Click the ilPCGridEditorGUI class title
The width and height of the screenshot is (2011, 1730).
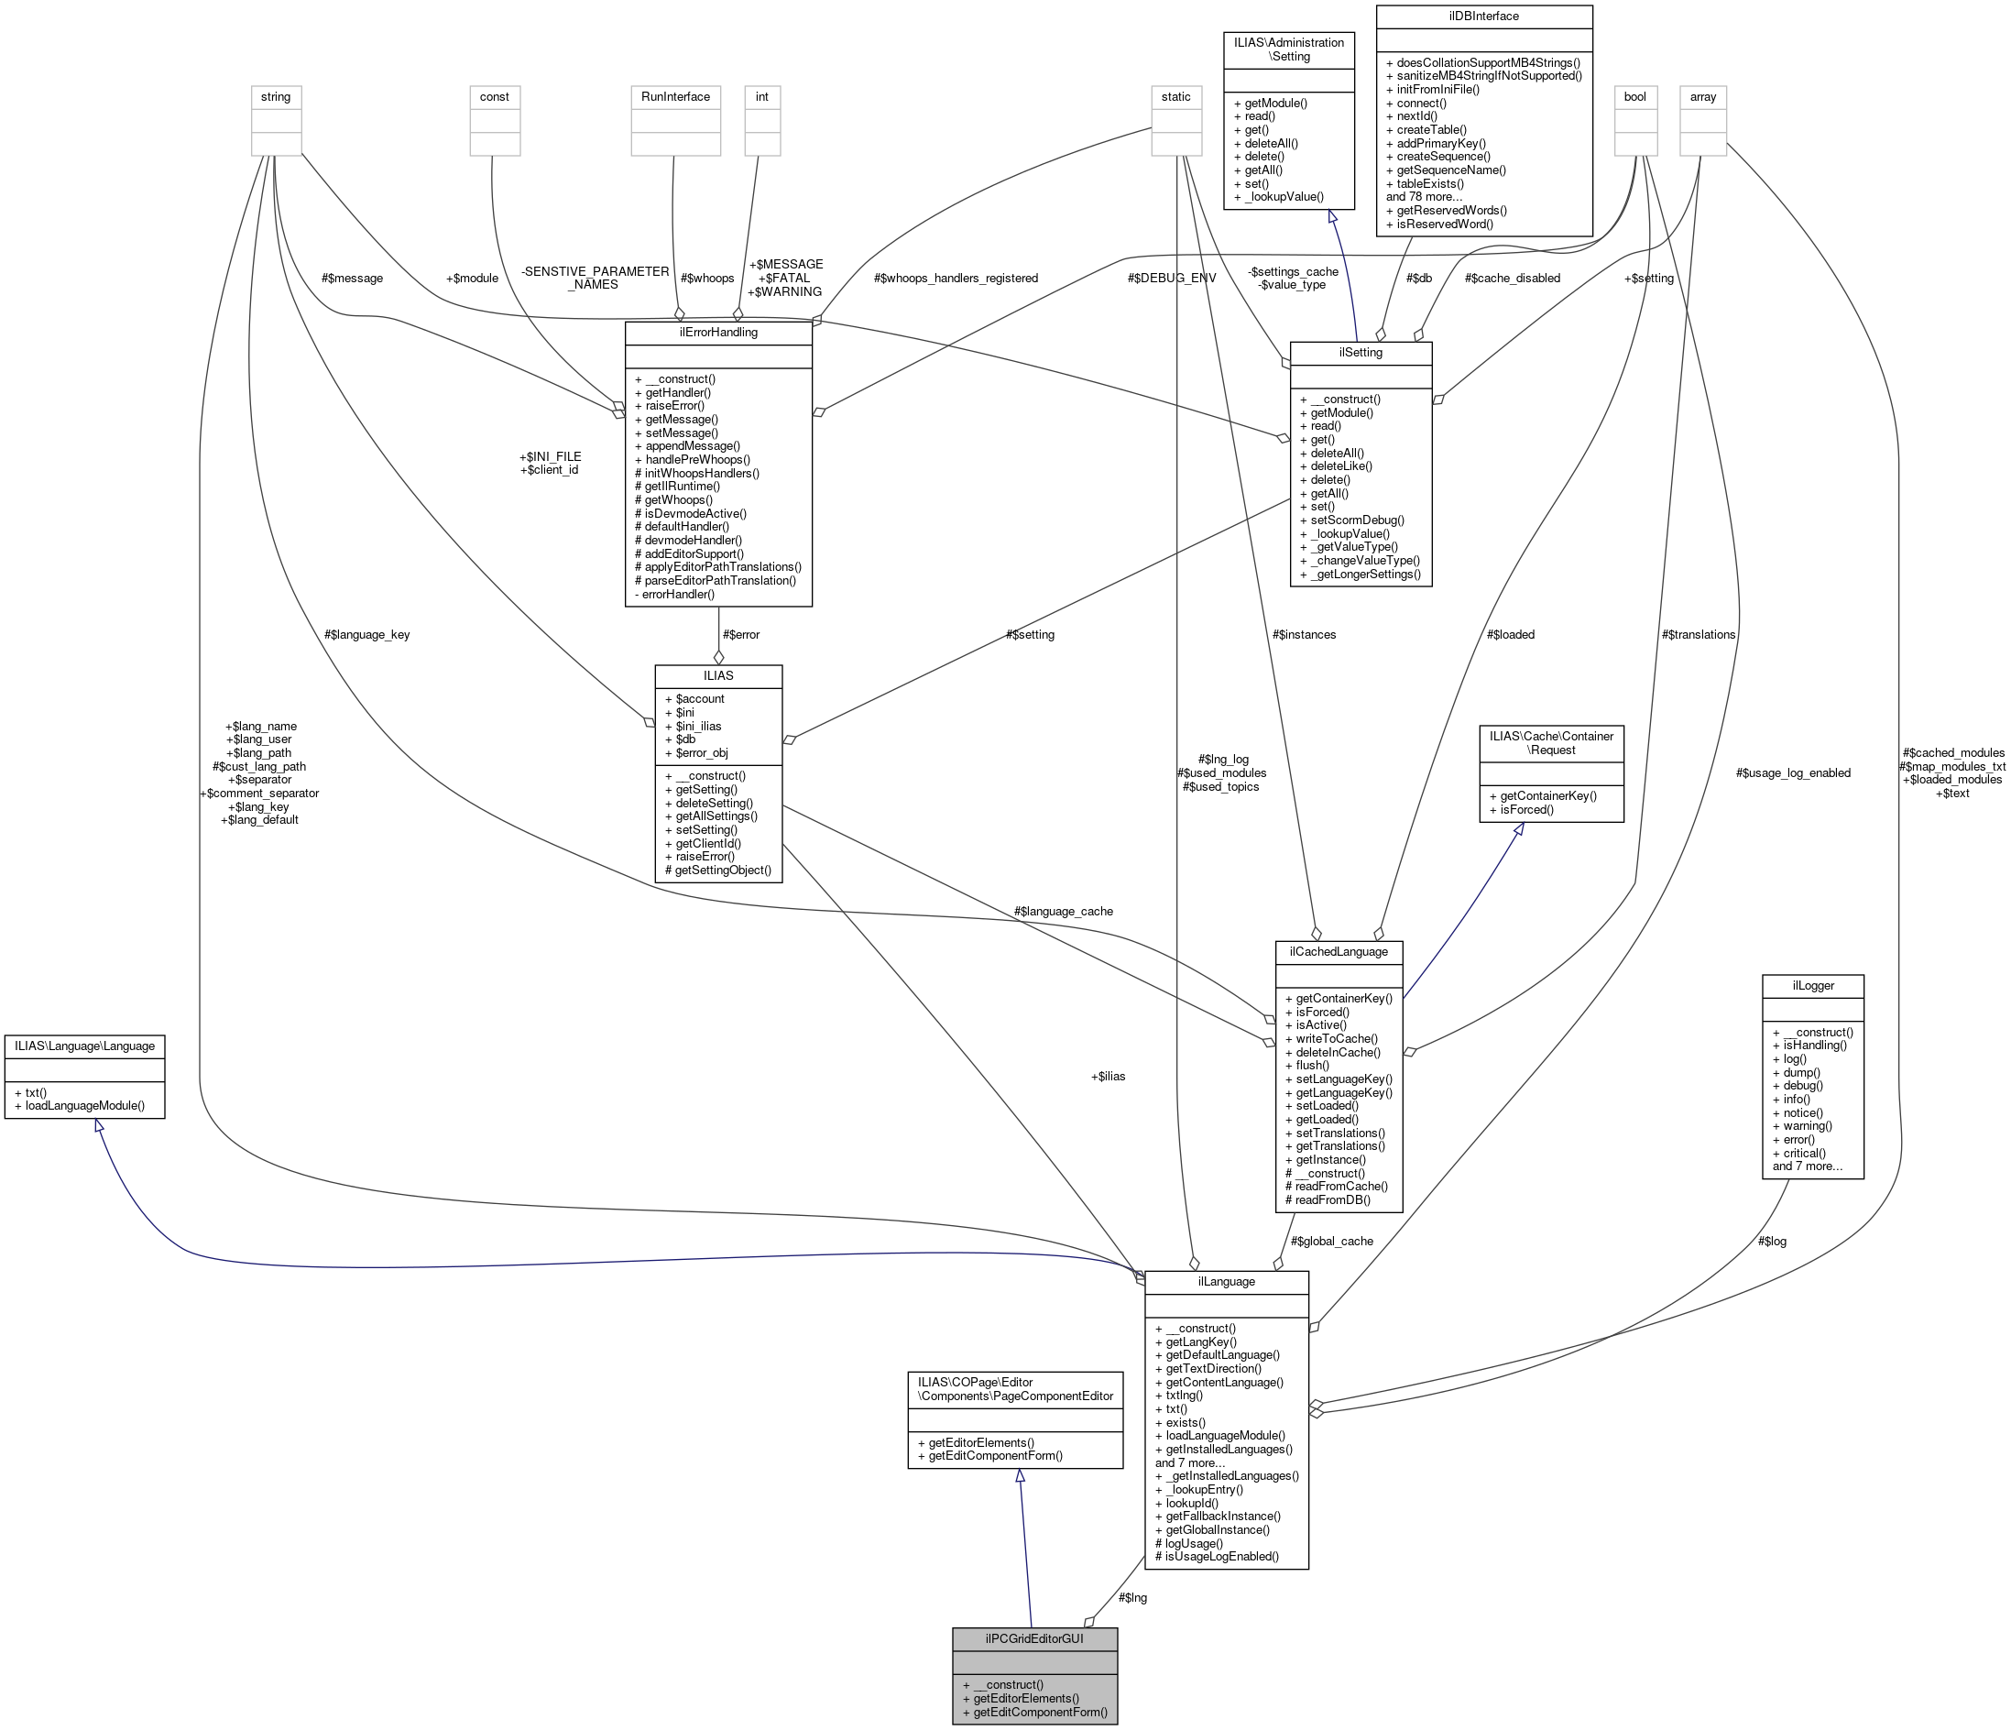pos(1034,1638)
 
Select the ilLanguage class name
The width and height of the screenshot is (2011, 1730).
pos(1227,1282)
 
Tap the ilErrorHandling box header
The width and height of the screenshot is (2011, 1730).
pos(718,332)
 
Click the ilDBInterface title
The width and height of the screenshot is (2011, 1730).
pos(1484,16)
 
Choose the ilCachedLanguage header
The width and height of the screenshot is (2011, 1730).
pos(1339,951)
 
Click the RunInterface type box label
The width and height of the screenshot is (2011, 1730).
pos(675,97)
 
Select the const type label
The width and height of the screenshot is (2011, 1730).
pos(495,97)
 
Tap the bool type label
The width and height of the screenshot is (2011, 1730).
pos(1635,97)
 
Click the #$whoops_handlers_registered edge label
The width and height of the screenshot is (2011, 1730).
pos(955,279)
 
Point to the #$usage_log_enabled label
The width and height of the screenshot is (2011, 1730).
pos(1793,772)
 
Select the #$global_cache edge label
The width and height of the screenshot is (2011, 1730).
pos(1331,1241)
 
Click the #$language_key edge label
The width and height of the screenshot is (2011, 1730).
pos(366,635)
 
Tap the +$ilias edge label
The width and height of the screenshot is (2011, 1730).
pos(1108,1076)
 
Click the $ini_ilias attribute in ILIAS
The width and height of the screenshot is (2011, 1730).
pos(693,726)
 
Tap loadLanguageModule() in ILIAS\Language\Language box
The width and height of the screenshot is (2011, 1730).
pos(84,1106)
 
